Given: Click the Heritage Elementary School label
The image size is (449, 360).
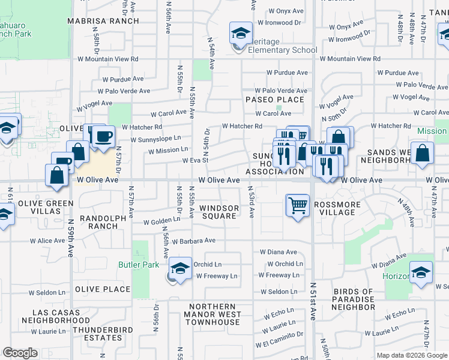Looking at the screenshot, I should [279, 50].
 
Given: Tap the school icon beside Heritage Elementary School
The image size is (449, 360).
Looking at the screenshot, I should [241, 34].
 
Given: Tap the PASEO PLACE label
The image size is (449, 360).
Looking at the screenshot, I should [274, 100].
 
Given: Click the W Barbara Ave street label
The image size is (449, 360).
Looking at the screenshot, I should [193, 241].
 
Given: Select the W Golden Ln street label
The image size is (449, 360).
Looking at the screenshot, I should [158, 222].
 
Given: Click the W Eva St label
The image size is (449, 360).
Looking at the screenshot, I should [195, 160].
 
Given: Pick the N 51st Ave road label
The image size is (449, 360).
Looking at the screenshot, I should [313, 300].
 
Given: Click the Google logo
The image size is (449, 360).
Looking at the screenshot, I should [20, 353].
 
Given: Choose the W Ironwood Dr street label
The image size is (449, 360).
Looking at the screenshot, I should [280, 22].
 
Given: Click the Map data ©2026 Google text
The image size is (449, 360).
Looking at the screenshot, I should [411, 355].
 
